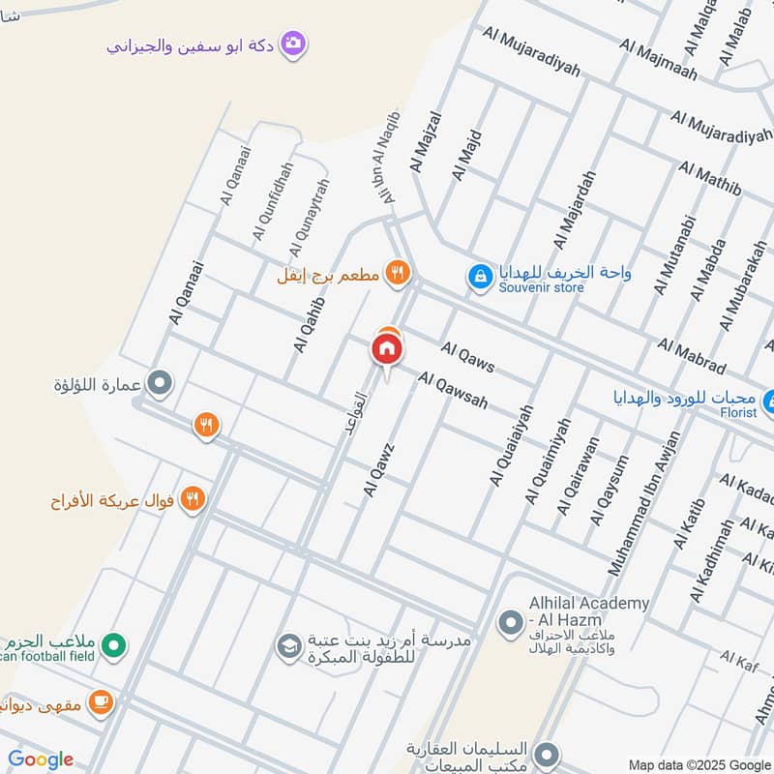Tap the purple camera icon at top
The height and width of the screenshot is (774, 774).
click(x=293, y=44)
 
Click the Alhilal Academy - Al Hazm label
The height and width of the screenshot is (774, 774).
click(x=588, y=610)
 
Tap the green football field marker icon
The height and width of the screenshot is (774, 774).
click(x=114, y=643)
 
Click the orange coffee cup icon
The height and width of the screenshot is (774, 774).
click(x=101, y=703)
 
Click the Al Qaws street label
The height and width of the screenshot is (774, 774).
click(x=467, y=357)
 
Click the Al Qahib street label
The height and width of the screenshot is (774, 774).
click(x=307, y=324)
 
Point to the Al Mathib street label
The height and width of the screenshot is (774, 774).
click(x=709, y=179)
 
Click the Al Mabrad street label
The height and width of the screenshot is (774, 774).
click(x=691, y=356)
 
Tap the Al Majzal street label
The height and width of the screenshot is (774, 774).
click(x=426, y=141)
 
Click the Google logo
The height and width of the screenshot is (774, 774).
click(x=41, y=759)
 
